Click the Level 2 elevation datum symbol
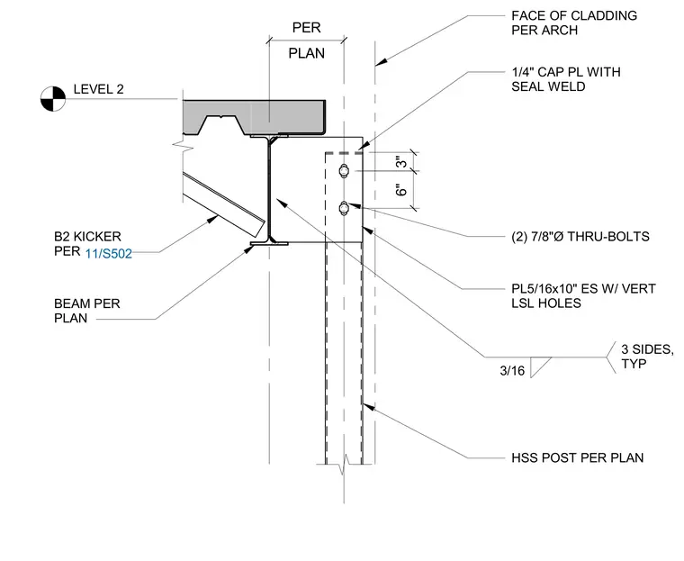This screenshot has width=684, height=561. point(53,99)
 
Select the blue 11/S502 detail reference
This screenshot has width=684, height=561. point(109,254)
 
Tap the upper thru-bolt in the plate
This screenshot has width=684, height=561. point(344,171)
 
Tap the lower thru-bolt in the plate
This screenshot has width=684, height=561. point(344,208)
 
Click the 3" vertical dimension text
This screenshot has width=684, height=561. point(400,161)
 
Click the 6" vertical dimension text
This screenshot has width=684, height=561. point(400,190)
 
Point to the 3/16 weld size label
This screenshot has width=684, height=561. point(512,371)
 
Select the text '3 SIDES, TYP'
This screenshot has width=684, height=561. point(647,357)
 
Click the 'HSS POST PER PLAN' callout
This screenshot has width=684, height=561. point(578,457)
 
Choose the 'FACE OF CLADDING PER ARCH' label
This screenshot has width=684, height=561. point(574,23)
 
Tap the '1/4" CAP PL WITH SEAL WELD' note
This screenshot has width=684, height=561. point(566,79)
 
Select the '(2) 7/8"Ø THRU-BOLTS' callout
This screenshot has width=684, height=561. point(580,237)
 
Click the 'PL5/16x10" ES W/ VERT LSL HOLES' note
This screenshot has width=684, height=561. point(583,295)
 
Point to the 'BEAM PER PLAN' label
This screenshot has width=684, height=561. point(86,311)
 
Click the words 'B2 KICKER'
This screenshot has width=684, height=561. point(87,237)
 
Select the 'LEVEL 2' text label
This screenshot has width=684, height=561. point(99,89)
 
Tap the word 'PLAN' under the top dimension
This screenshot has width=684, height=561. point(307,53)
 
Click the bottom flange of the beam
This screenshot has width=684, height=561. point(269,243)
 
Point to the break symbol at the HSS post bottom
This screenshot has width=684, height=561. point(344,465)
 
